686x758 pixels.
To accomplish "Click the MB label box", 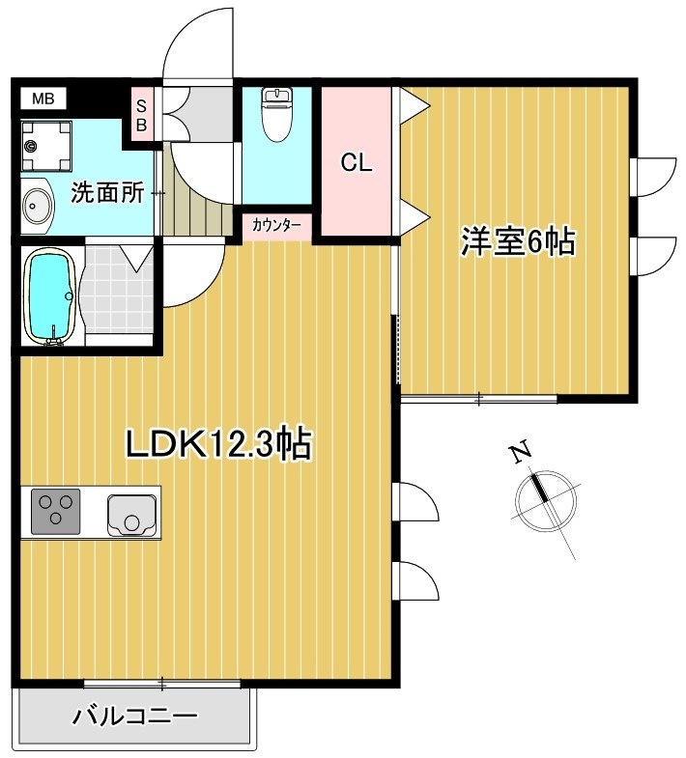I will pyautogui.click(x=43, y=98).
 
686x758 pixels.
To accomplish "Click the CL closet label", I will pyautogui.click(x=356, y=163).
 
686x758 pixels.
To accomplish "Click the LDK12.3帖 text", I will pyautogui.click(x=218, y=444).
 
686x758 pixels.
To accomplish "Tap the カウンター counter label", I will pyautogui.click(x=276, y=226).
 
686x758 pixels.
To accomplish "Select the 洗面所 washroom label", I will pyautogui.click(x=106, y=192).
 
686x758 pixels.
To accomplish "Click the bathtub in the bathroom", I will pyautogui.click(x=48, y=295).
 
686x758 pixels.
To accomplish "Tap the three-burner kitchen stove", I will pyautogui.click(x=56, y=512).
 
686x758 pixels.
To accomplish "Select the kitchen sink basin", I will pyautogui.click(x=131, y=513).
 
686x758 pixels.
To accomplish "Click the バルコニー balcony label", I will pyautogui.click(x=135, y=716).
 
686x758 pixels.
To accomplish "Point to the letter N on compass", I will pyautogui.click(x=521, y=451).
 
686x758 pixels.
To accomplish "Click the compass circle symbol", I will pyautogui.click(x=545, y=498).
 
